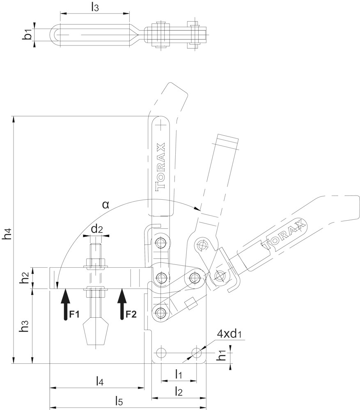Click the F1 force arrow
point(65,304)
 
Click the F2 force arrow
point(122,304)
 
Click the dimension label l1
point(178,374)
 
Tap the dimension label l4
point(100,381)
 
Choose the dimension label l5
point(119,401)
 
